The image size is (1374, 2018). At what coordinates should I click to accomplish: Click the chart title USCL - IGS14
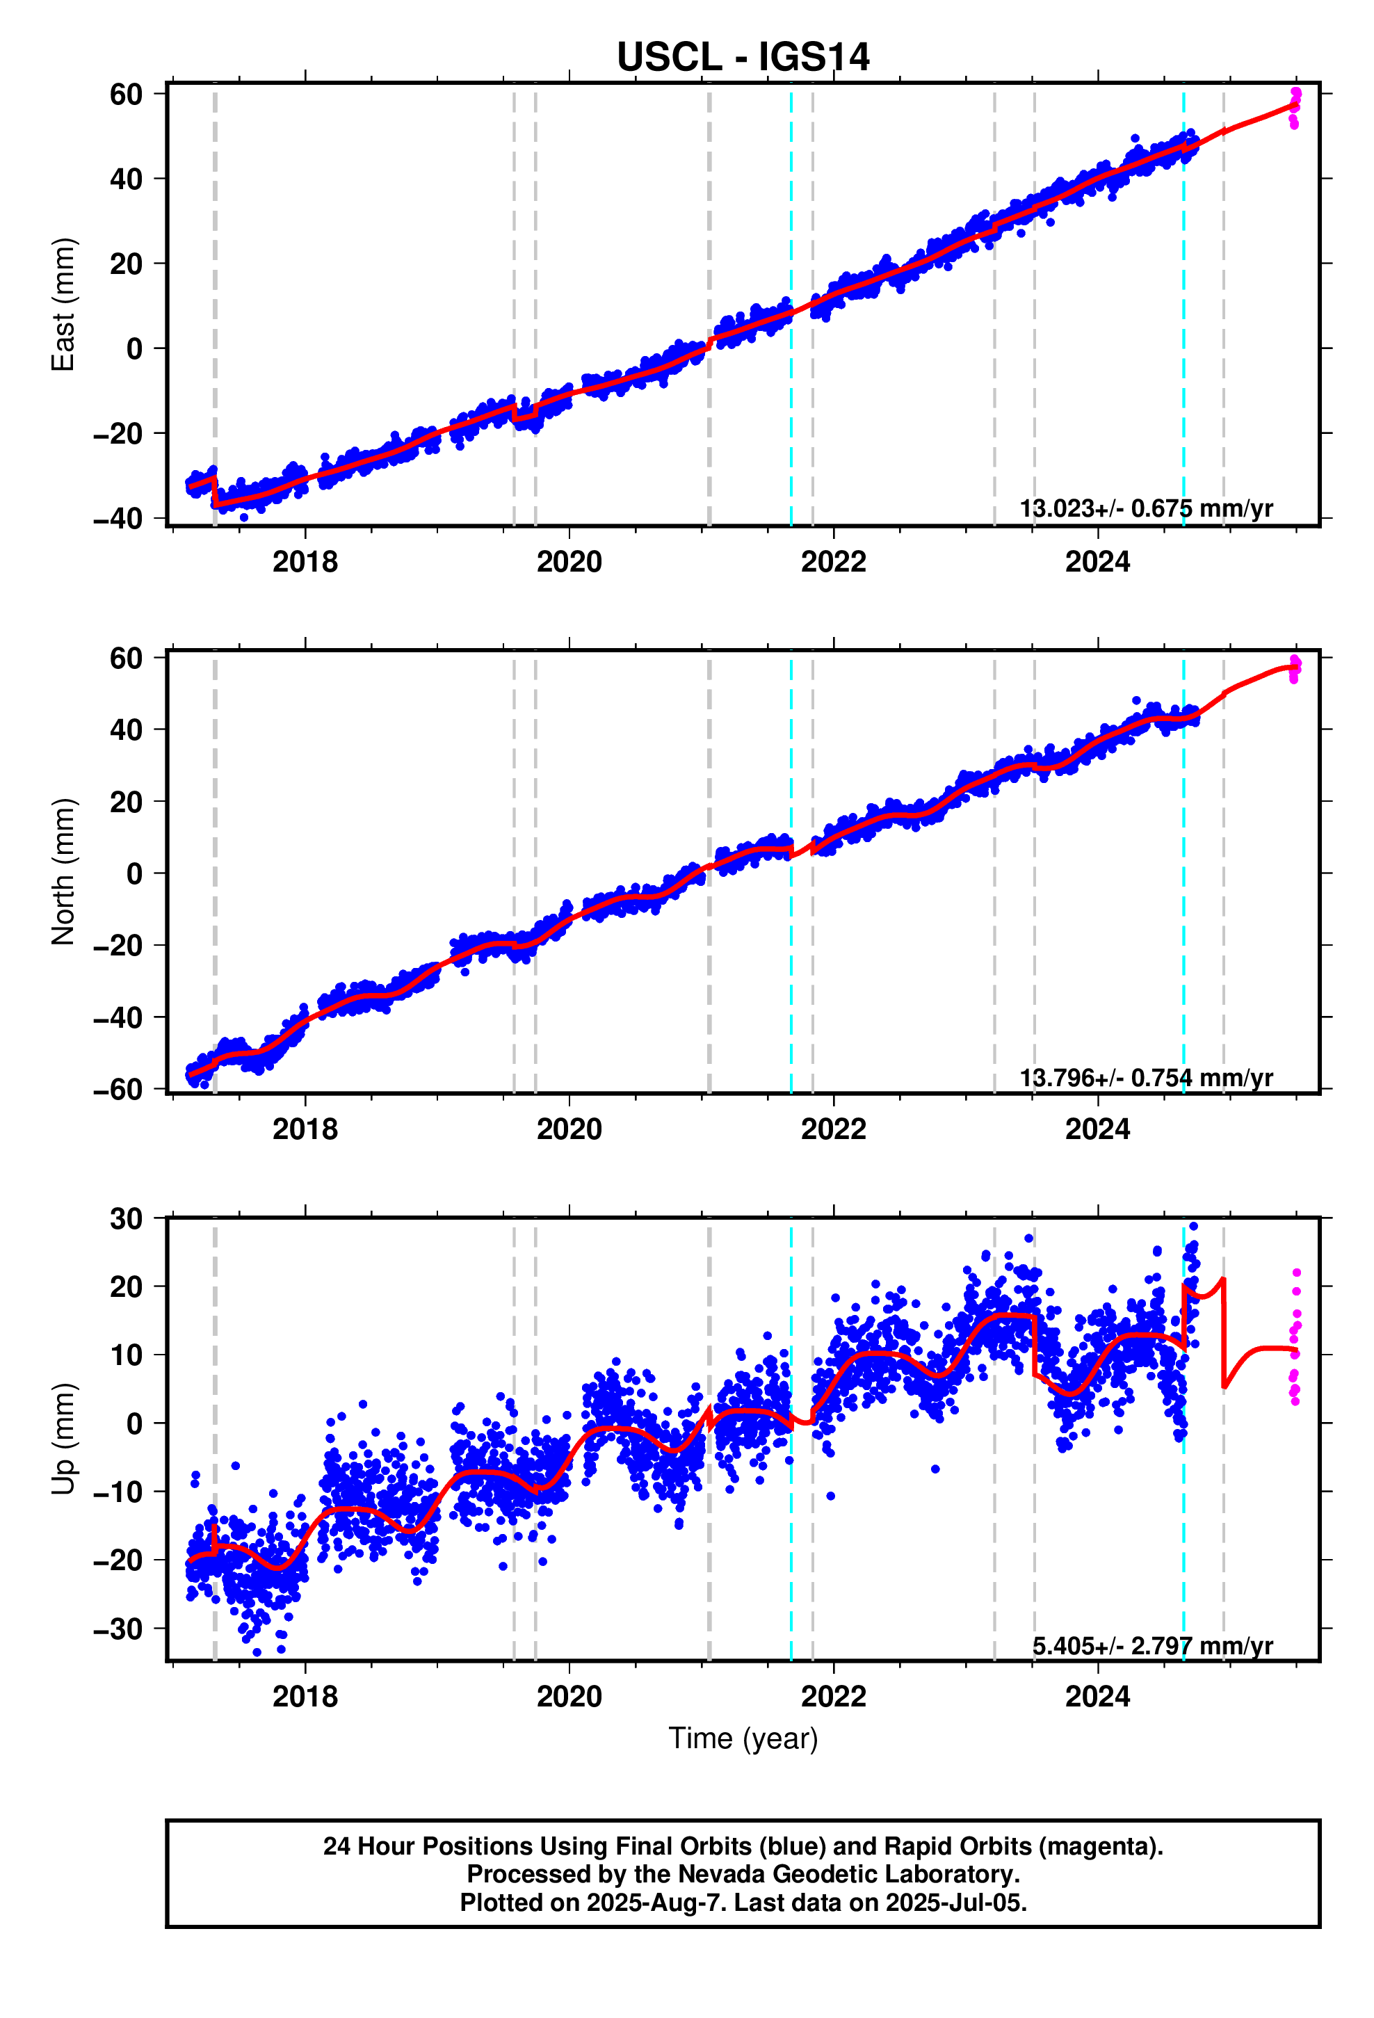pyautogui.click(x=743, y=57)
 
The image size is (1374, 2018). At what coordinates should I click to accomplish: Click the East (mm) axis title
pyautogui.click(x=63, y=305)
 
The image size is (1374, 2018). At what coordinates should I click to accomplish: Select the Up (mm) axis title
pyautogui.click(x=63, y=1439)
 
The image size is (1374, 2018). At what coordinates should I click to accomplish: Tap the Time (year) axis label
pyautogui.click(x=743, y=1738)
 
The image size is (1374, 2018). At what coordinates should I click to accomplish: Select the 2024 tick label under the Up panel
pyautogui.click(x=1097, y=1696)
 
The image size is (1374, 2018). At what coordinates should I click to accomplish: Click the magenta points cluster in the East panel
pyautogui.click(x=1294, y=108)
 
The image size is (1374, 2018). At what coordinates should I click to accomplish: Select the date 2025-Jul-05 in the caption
pyautogui.click(x=955, y=1903)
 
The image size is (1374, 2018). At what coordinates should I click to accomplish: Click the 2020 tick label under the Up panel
pyautogui.click(x=569, y=1696)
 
